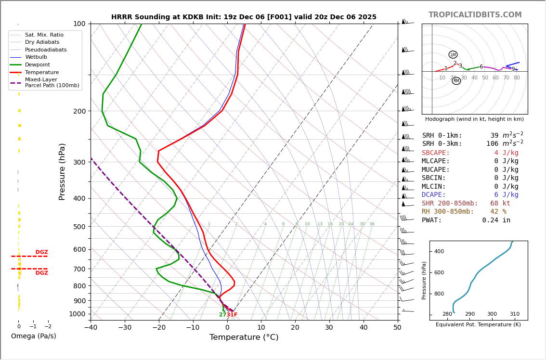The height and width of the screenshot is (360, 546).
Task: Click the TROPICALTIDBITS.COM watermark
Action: pos(475,15)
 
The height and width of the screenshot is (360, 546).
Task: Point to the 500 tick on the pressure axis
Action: pos(79,227)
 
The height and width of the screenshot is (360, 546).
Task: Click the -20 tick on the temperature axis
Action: pos(159,328)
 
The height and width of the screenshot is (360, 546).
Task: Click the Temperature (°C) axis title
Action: pos(244,337)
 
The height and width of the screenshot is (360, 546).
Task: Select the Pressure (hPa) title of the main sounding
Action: pos(62,171)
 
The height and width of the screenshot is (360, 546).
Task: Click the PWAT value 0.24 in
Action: pos(496,220)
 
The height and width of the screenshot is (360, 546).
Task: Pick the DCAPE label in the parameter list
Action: pos(436,195)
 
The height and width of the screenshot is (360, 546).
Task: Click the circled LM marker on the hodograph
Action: pos(453,55)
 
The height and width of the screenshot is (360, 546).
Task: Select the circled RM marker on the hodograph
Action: pos(456,81)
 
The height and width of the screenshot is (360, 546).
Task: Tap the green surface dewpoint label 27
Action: pos(222,315)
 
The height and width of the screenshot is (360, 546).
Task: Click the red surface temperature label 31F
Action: pos(232,315)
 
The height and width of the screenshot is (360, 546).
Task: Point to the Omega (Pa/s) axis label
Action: pos(33,336)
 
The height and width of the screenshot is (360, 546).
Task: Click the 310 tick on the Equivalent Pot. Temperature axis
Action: pos(514,314)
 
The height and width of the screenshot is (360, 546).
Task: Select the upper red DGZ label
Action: pos(41,252)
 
